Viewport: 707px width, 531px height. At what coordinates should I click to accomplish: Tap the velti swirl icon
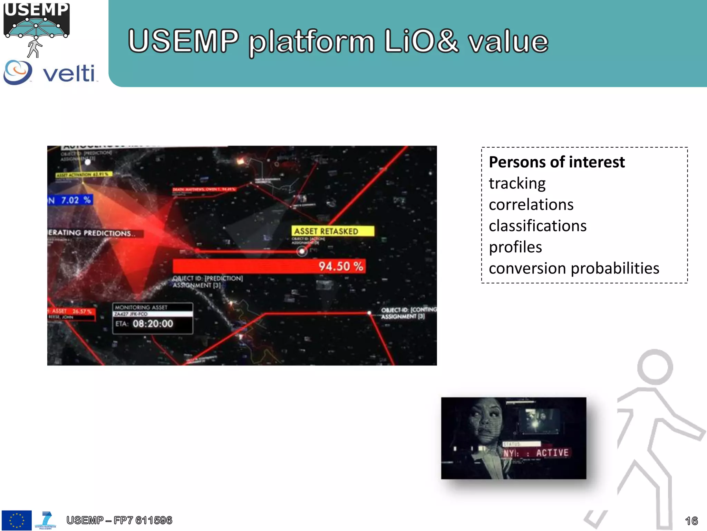[18, 72]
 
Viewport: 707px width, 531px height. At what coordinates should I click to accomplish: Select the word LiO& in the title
[421, 41]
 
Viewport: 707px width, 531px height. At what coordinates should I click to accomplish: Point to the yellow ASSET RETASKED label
[332, 231]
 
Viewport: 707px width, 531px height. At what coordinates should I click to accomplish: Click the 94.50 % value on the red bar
[340, 266]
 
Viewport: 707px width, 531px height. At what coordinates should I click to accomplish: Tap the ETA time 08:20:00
[153, 324]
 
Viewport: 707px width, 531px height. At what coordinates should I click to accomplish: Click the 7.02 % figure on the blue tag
[76, 200]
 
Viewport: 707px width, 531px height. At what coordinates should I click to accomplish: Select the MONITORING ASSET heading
[141, 307]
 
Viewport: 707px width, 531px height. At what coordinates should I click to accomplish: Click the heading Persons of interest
[556, 162]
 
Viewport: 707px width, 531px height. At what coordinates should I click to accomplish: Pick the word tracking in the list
[517, 184]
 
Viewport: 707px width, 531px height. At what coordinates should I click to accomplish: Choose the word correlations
[531, 205]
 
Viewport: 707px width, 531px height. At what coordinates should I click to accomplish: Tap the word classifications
[537, 226]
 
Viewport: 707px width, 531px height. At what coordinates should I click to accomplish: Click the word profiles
[515, 247]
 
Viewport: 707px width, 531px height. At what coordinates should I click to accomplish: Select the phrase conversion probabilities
[574, 269]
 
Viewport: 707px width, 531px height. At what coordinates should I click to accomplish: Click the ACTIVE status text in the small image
[552, 453]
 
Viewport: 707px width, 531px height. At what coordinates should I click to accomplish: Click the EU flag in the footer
[17, 520]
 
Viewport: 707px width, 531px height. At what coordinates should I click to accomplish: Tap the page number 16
[691, 521]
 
